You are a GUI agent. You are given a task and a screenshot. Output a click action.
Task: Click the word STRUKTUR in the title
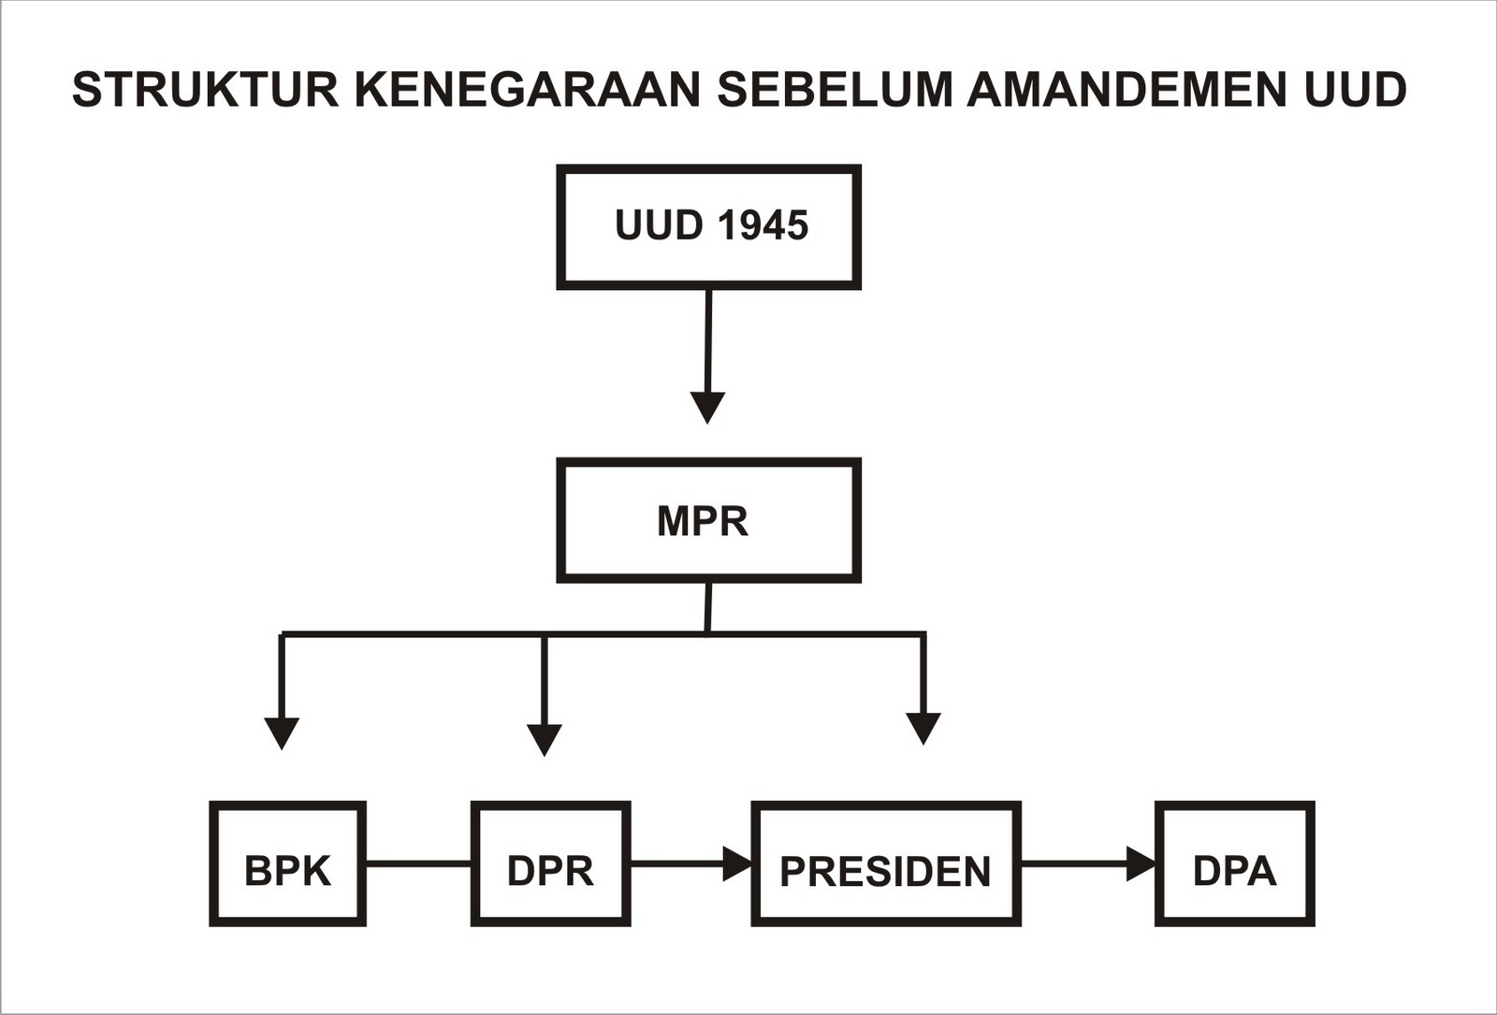coord(205,90)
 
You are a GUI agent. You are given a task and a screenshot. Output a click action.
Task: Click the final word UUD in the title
coord(1354,90)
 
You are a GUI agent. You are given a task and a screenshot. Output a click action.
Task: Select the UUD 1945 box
coord(708,227)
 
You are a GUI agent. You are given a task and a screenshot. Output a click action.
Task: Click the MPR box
coord(708,520)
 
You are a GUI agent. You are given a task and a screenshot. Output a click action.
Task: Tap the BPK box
coord(287,863)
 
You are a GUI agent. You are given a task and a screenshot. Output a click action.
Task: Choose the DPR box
coord(550,863)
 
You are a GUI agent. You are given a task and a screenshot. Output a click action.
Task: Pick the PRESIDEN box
coord(885,863)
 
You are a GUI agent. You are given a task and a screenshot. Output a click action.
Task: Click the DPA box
coord(1234,863)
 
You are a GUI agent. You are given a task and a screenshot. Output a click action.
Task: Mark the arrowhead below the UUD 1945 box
coord(707,407)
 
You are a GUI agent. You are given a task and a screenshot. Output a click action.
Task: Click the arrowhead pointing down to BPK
coord(282,732)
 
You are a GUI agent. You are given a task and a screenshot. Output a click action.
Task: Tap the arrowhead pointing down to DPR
coord(545,739)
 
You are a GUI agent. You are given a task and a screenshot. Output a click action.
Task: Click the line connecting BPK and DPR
coord(418,863)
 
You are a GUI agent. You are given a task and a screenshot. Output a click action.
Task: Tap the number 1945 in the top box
coord(763,226)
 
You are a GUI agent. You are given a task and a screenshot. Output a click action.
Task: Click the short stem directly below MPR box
coord(708,607)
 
